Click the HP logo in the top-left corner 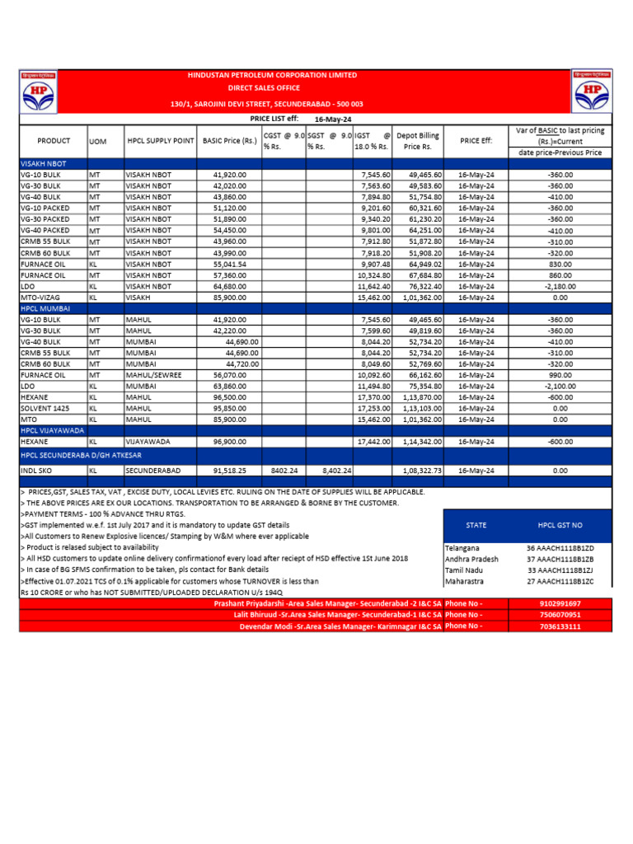tap(40, 91)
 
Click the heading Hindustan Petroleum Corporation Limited tap(273, 75)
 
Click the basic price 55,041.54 tap(230, 264)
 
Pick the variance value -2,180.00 tap(560, 286)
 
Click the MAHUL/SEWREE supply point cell tap(153, 374)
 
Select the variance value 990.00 tap(560, 374)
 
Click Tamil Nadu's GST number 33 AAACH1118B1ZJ tap(560, 570)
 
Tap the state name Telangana tap(462, 547)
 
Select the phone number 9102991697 tap(560, 603)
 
